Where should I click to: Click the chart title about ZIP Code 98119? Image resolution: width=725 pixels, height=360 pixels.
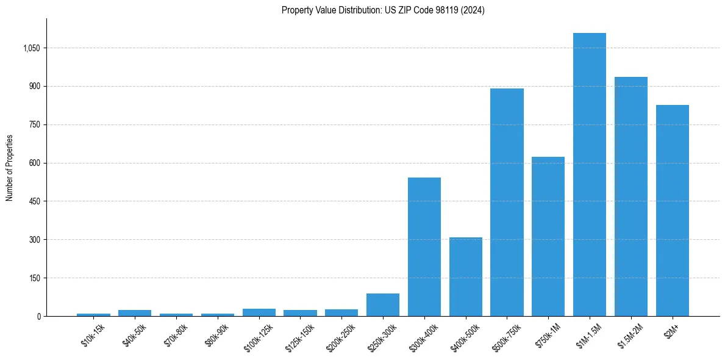coord(383,10)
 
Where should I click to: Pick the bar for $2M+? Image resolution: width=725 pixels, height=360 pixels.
coord(673,211)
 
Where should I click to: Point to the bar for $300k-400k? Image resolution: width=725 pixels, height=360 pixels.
coord(424,247)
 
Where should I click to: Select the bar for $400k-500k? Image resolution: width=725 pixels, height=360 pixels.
coord(466,277)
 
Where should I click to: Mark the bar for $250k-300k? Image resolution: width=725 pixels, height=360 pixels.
coord(383,305)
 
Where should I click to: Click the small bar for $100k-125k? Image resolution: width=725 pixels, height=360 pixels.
coord(259,312)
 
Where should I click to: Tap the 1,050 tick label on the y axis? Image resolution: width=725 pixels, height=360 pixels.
coord(30,48)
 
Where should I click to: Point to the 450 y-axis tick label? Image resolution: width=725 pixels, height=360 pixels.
coord(34,201)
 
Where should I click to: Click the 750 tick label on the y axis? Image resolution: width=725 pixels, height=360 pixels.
coord(34,125)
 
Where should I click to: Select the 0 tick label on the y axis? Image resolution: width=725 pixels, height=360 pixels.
coord(38,317)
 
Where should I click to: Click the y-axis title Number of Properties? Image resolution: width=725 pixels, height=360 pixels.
coord(10,167)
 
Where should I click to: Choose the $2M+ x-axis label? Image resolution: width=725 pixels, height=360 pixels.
coord(672,333)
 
